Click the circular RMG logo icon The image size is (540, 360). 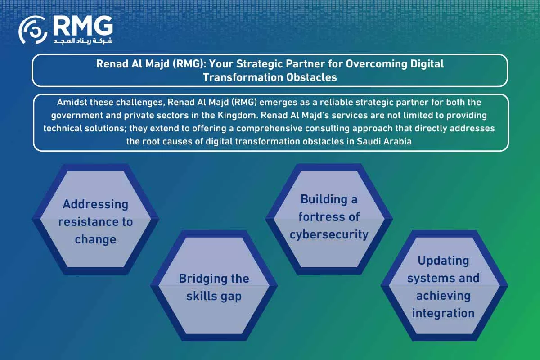pyautogui.click(x=32, y=30)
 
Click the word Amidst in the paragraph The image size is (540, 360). pyautogui.click(x=71, y=103)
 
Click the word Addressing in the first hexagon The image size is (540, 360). pyautogui.click(x=95, y=204)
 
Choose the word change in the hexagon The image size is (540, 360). pyautogui.click(x=95, y=239)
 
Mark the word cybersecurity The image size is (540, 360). pyautogui.click(x=329, y=234)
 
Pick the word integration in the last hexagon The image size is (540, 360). pyautogui.click(x=443, y=313)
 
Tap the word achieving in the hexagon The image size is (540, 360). pyautogui.click(x=443, y=296)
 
